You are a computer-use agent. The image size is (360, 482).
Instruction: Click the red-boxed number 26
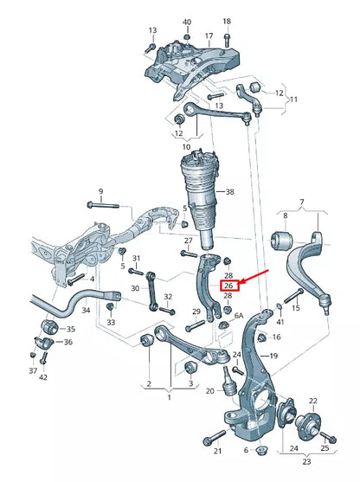[228, 286]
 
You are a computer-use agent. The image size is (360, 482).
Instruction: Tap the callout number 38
[229, 192]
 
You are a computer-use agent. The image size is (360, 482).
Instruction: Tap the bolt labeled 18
[227, 39]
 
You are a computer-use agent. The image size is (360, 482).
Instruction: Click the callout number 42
[43, 377]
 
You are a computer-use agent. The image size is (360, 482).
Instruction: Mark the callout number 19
[273, 356]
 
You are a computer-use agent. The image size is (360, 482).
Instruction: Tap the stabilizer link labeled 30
[151, 289]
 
